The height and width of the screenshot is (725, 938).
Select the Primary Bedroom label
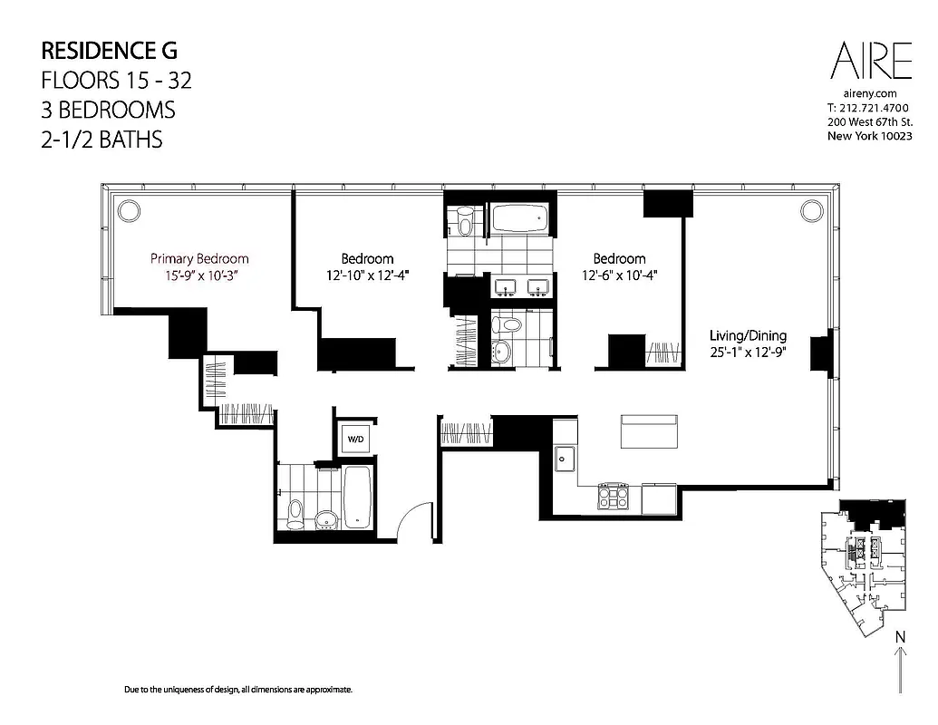click(x=199, y=258)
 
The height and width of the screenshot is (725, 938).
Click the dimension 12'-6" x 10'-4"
click(x=619, y=275)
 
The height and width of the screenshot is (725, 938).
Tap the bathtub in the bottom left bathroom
click(x=357, y=497)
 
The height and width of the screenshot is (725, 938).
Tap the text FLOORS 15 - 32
click(x=116, y=80)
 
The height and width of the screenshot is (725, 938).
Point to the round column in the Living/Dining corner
click(x=809, y=210)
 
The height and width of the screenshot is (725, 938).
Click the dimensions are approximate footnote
click(x=237, y=691)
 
